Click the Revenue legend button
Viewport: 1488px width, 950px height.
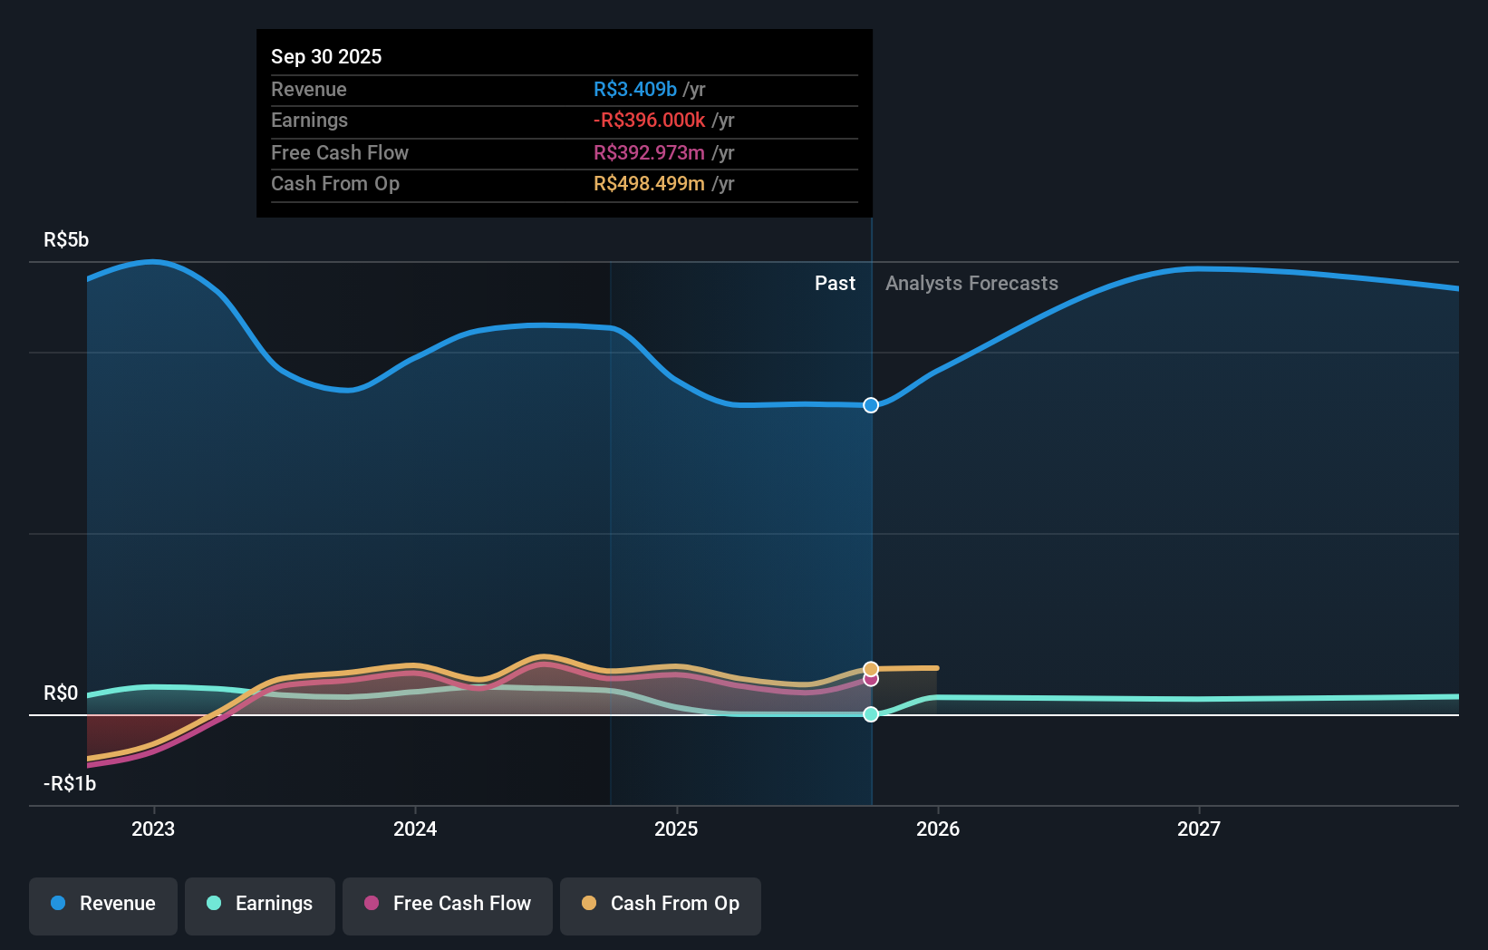(103, 905)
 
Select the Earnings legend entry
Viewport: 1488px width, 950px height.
(260, 905)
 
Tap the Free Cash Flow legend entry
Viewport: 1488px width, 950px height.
(448, 905)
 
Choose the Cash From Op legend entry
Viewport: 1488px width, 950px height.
(661, 905)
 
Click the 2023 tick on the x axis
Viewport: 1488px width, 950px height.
(153, 829)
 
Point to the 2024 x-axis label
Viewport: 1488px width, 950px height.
(415, 829)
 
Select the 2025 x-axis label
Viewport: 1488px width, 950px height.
(676, 829)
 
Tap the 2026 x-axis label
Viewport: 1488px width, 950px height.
(938, 829)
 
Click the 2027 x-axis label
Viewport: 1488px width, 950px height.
(1199, 829)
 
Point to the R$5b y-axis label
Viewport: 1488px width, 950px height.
(66, 240)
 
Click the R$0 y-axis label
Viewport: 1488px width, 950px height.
(61, 693)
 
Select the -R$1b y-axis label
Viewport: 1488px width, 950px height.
(70, 784)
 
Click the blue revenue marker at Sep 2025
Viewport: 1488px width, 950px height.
(871, 405)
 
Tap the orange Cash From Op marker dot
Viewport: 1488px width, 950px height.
(871, 669)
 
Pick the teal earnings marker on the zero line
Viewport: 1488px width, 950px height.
(871, 714)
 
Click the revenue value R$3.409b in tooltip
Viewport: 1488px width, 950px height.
(634, 90)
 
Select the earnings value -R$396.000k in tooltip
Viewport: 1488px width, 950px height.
(649, 121)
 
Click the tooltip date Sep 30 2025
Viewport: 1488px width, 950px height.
(326, 56)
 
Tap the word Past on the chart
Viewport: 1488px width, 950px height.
(835, 284)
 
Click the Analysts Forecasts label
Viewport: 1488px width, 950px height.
(971, 284)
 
